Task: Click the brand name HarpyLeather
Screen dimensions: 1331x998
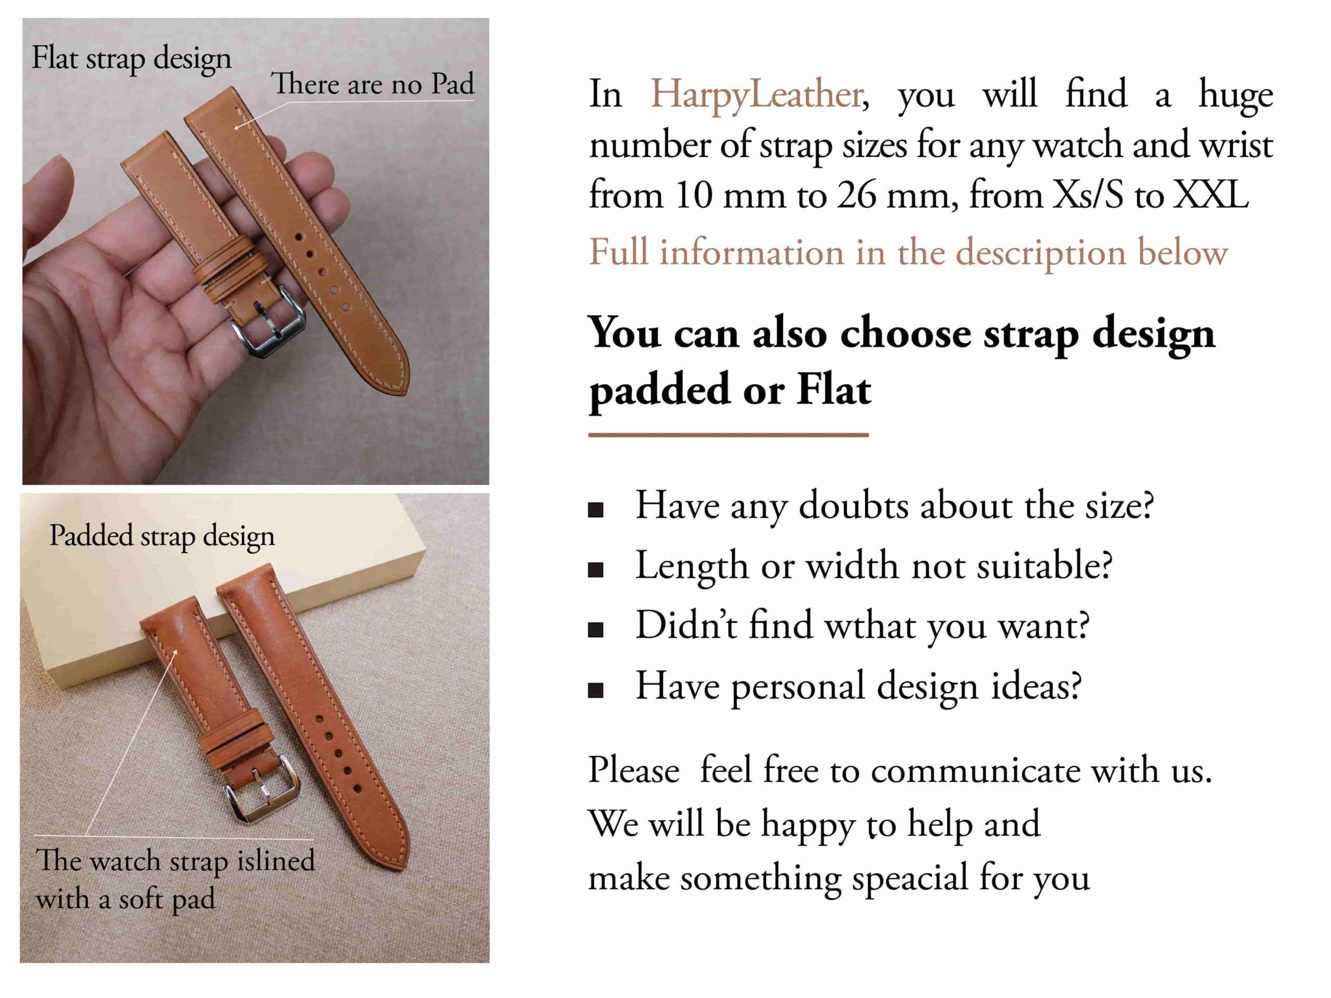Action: point(758,96)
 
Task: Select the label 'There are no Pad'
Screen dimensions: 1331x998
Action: point(372,84)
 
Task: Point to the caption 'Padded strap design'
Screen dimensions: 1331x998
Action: point(162,536)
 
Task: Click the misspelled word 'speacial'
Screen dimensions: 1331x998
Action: point(910,879)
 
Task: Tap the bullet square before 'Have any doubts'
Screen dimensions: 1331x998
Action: point(596,510)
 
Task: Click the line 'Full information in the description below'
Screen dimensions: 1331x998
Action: point(908,253)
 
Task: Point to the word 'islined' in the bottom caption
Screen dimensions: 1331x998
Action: point(276,861)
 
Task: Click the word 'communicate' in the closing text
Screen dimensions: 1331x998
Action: point(975,771)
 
